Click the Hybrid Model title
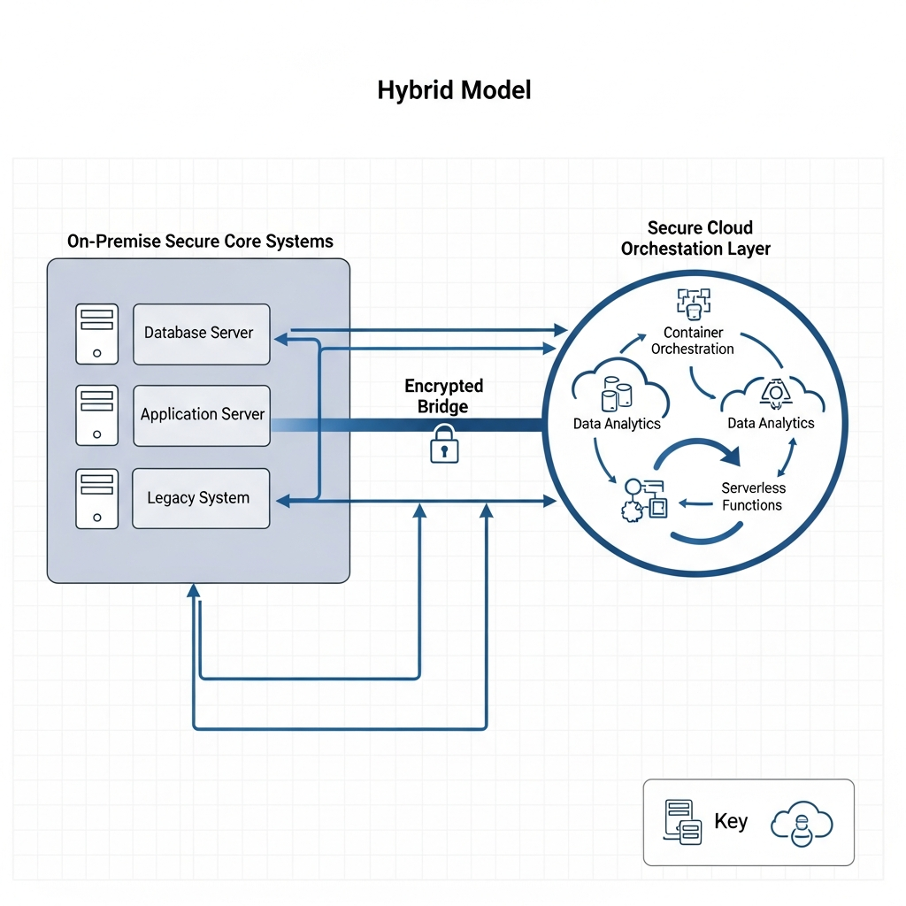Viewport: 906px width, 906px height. pos(454,90)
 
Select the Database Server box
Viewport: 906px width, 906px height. pos(201,334)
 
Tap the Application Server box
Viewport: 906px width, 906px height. pos(201,415)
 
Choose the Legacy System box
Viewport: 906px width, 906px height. pos(201,498)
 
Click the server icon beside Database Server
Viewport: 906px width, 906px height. pos(96,334)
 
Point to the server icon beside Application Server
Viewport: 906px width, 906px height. pos(96,415)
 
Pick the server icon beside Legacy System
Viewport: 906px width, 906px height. pos(96,498)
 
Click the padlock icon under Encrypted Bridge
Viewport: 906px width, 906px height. pos(444,443)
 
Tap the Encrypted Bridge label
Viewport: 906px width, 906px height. pos(444,395)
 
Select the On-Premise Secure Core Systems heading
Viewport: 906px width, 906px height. pos(200,241)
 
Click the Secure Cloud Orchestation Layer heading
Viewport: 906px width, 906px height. pos(695,239)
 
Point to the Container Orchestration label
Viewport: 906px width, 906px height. pos(693,341)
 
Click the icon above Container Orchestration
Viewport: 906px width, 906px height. pos(694,303)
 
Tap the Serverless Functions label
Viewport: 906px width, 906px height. pos(752,496)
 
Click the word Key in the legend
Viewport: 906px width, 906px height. pos(731,821)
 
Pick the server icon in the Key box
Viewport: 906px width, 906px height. pos(682,822)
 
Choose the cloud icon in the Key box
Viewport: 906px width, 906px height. pos(801,822)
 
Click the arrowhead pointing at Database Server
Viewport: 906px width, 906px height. pos(281,338)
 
